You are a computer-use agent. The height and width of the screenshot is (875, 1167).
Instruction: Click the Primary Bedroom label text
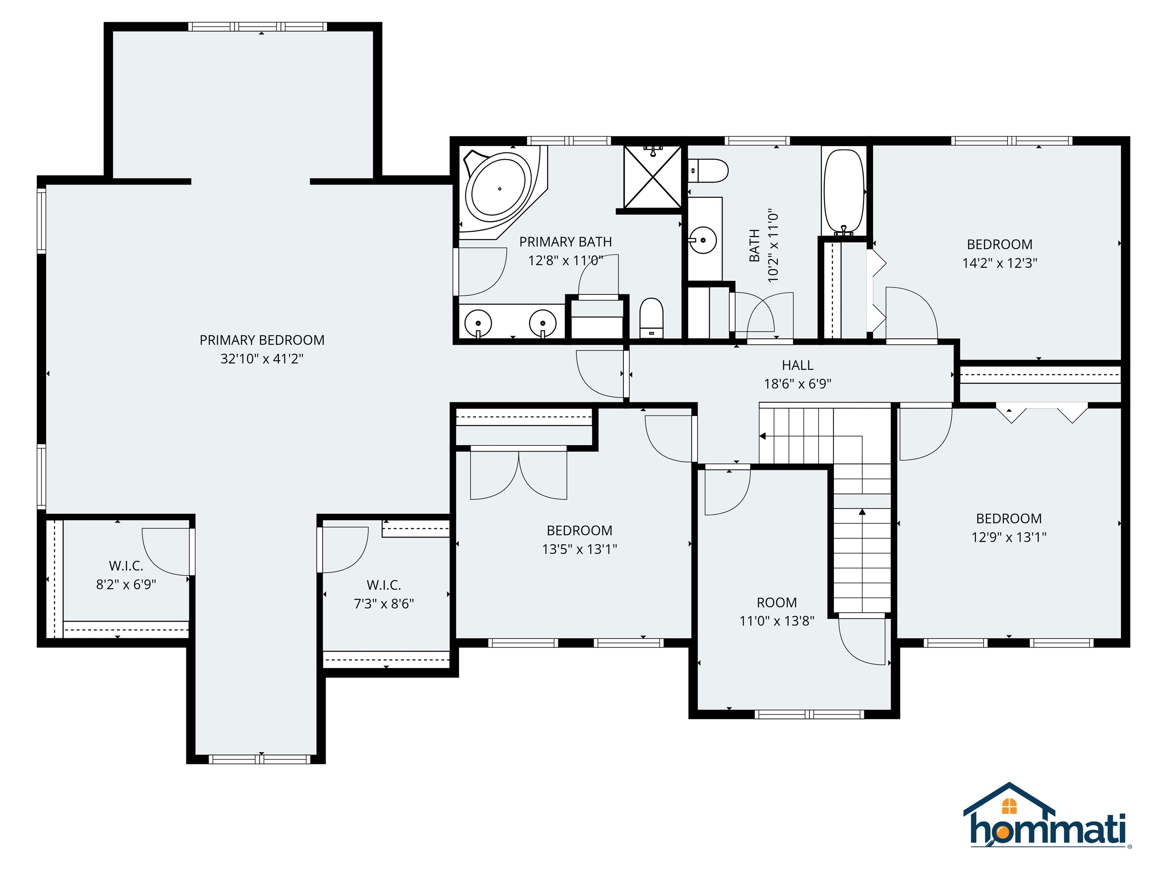pos(262,340)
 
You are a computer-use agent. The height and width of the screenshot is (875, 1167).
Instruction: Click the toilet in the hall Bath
pos(710,171)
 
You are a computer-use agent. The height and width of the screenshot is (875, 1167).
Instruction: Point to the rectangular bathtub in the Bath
pos(844,191)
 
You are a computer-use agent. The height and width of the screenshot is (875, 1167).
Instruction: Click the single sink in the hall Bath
pos(703,240)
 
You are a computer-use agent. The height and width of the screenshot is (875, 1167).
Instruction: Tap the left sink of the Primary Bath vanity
pos(478,322)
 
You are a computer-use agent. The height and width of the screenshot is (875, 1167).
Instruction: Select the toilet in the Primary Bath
pos(651,317)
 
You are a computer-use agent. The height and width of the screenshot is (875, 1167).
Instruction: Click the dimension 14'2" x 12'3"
pos(999,263)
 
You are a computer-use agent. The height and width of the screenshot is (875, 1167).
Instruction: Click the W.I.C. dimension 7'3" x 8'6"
pos(384,604)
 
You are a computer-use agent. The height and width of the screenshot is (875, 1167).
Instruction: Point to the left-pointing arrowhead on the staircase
pos(762,436)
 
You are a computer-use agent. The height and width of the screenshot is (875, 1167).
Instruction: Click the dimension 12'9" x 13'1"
pos(1009,537)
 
